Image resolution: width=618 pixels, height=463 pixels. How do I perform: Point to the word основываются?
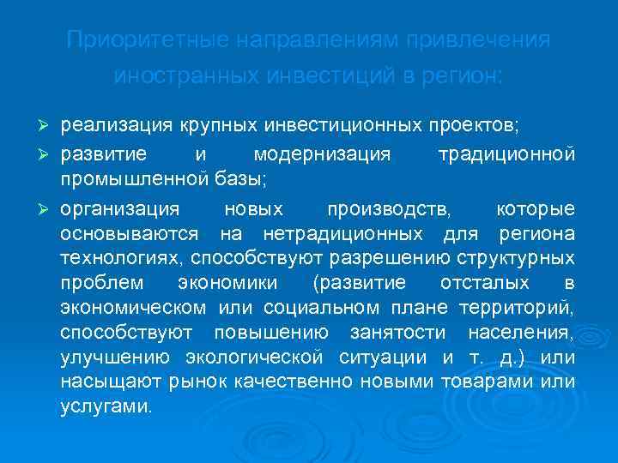tap(130, 233)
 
